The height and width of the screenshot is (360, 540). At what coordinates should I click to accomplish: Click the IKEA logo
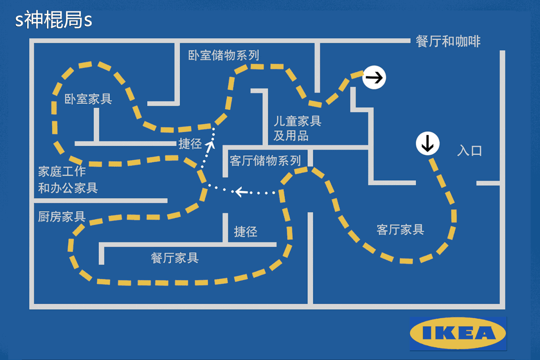[x=458, y=333]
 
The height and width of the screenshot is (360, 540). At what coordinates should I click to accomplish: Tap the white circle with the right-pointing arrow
[x=374, y=77]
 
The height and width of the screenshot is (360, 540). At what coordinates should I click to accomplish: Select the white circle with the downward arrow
[x=428, y=143]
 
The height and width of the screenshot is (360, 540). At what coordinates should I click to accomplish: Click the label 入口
[x=469, y=150]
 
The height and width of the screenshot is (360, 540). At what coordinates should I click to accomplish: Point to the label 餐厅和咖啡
[x=448, y=41]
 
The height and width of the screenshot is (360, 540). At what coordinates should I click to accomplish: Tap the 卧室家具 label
[x=88, y=99]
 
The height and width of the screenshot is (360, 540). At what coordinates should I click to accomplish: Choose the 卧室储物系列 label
[x=224, y=55]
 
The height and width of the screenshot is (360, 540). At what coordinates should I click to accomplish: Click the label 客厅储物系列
[x=265, y=161]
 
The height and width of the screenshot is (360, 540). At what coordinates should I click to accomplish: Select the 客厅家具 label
[x=400, y=229]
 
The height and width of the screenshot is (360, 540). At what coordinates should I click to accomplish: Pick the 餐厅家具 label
[x=175, y=258]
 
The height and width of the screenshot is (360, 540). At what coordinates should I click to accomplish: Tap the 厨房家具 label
[x=62, y=217]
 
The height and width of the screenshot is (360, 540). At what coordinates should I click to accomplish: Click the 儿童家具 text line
[x=297, y=121]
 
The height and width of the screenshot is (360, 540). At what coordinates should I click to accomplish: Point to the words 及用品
[x=291, y=136]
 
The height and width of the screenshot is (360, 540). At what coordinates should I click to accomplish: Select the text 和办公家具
[x=68, y=188]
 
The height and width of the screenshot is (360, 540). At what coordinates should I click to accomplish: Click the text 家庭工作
[x=62, y=171]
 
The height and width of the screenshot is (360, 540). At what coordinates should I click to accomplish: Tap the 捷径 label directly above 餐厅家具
[x=246, y=231]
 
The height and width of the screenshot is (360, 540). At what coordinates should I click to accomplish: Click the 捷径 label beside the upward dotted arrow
[x=190, y=144]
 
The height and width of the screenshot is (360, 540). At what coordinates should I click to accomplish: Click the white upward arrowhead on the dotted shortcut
[x=210, y=145]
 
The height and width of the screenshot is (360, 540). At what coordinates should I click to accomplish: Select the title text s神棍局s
[x=54, y=20]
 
